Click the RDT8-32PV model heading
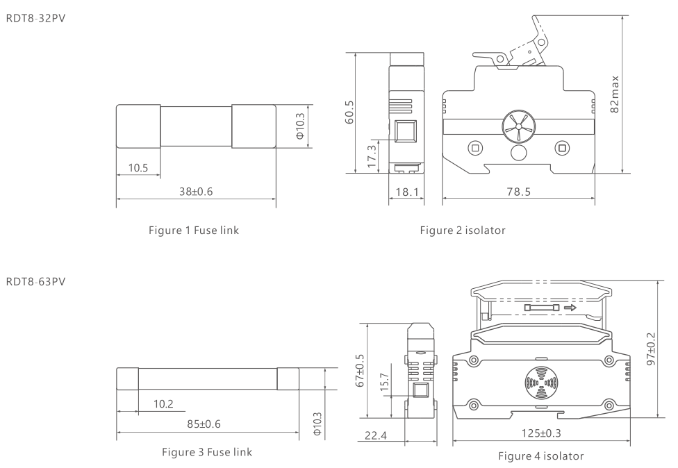click(x=35, y=19)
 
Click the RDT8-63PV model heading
click(x=35, y=282)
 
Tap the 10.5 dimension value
click(x=138, y=167)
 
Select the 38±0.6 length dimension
click(x=196, y=192)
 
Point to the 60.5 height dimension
click(x=349, y=112)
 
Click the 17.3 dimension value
click(x=372, y=156)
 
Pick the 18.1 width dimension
click(x=407, y=192)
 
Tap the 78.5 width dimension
click(x=518, y=192)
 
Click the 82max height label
click(x=614, y=94)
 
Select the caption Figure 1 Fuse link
click(x=194, y=231)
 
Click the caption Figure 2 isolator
click(x=463, y=231)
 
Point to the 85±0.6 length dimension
click(x=204, y=424)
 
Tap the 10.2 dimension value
click(x=163, y=404)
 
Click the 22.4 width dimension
click(x=376, y=435)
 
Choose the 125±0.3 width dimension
click(x=541, y=433)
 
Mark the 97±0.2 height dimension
click(x=651, y=349)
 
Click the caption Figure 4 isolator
click(x=541, y=456)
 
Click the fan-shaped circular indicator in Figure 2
click(x=518, y=127)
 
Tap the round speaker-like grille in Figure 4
click(x=540, y=383)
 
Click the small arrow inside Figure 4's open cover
click(x=570, y=308)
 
